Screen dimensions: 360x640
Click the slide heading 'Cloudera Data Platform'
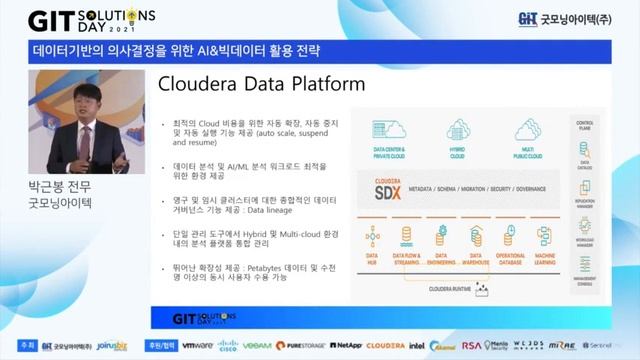[262, 85]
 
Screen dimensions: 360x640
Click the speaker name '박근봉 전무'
[61, 186]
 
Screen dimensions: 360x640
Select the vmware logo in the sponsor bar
[197, 345]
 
